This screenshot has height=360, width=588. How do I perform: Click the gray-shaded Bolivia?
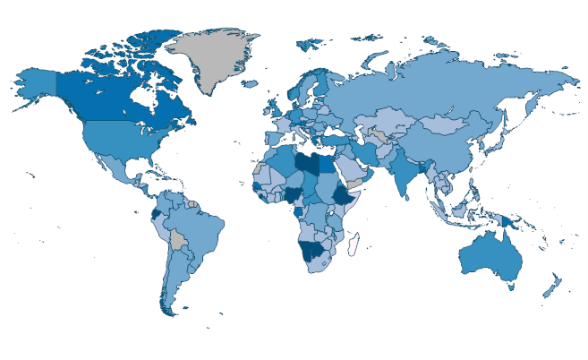tap(180, 240)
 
